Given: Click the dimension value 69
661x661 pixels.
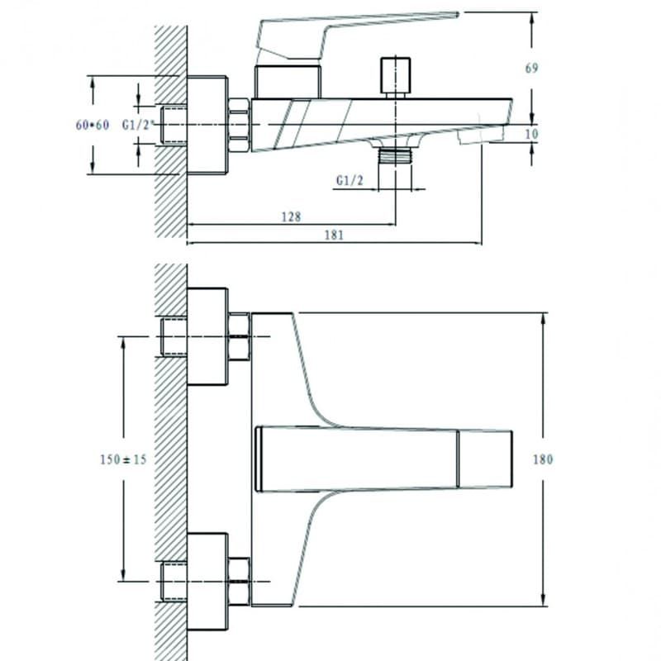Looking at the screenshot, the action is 531,68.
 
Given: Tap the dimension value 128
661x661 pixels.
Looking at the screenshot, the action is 292,216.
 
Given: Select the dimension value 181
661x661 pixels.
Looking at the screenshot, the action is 334,235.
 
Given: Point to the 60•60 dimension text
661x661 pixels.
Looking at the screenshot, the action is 93,125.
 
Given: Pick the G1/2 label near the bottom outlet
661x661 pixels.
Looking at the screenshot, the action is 350,180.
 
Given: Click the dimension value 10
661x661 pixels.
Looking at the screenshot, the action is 532,134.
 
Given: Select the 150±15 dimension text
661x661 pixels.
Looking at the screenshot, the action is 123,459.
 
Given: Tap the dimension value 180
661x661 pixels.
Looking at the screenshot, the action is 543,459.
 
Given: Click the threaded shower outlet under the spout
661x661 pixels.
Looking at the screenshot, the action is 396,155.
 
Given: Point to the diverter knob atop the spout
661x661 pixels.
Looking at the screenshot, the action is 396,78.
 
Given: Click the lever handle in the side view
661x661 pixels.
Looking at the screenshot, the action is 358,36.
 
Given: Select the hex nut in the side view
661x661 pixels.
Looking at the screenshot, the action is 240,126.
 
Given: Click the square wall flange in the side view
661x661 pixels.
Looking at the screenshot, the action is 207,125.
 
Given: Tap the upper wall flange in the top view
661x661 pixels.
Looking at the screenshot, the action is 207,336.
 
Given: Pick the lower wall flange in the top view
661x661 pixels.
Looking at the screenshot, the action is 207,582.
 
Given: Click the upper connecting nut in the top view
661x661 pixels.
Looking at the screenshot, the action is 239,336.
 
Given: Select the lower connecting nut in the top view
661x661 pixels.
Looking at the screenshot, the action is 239,582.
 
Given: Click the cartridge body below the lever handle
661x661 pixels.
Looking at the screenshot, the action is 288,82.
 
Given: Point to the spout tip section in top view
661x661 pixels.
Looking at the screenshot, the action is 485,459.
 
